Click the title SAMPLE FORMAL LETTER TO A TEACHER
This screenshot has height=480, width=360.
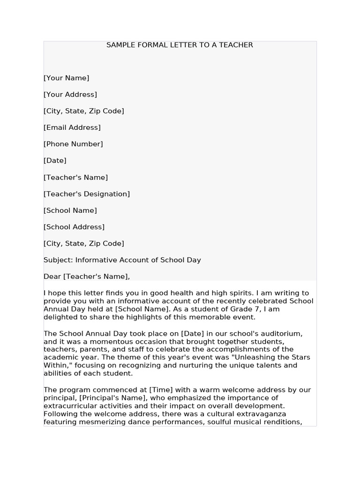180,45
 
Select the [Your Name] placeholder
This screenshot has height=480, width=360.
66,78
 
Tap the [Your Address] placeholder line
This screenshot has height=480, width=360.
70,94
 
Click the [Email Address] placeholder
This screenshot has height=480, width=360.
72,127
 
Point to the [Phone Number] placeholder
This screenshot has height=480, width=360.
73,144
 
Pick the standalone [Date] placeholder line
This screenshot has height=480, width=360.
55,160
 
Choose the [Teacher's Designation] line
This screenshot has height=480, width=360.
87,194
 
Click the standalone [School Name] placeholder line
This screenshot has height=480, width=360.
70,210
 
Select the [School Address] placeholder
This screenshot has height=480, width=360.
74,227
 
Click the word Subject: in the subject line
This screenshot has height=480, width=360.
58,260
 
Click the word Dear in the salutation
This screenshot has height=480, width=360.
52,277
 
